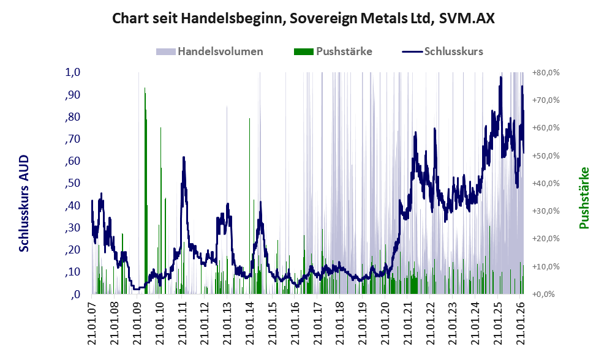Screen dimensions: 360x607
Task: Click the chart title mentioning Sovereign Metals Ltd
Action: [x=303, y=19]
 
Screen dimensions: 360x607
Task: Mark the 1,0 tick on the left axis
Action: [x=73, y=72]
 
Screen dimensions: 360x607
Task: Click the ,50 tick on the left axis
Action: [x=73, y=183]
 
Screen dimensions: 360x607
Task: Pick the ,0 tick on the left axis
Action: [x=75, y=294]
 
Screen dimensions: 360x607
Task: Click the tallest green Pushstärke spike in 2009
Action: [x=145, y=89]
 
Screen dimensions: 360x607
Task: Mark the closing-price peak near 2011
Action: [x=183, y=158]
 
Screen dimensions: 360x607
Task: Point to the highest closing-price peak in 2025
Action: [x=501, y=78]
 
